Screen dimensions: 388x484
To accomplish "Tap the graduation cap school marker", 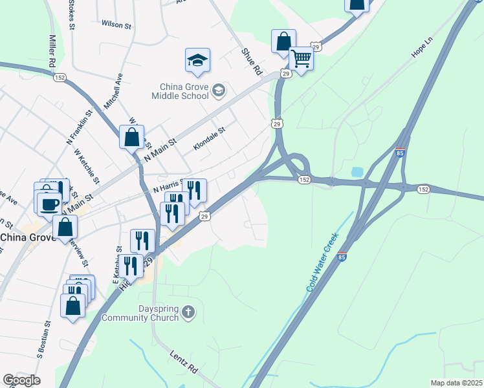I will point(197,61).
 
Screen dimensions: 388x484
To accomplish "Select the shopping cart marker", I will point(301,58).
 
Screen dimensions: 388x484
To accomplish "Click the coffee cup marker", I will point(49,204).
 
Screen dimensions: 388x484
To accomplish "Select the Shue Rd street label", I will point(251,60).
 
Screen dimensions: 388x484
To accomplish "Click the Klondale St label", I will point(208,138).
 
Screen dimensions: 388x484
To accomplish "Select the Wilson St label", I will point(116,24).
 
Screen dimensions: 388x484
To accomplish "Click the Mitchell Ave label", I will point(113,89).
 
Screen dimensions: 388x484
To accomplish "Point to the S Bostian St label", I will point(43,339).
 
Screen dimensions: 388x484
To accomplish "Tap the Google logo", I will point(21,380).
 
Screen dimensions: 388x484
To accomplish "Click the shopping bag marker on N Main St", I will point(131,138).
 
